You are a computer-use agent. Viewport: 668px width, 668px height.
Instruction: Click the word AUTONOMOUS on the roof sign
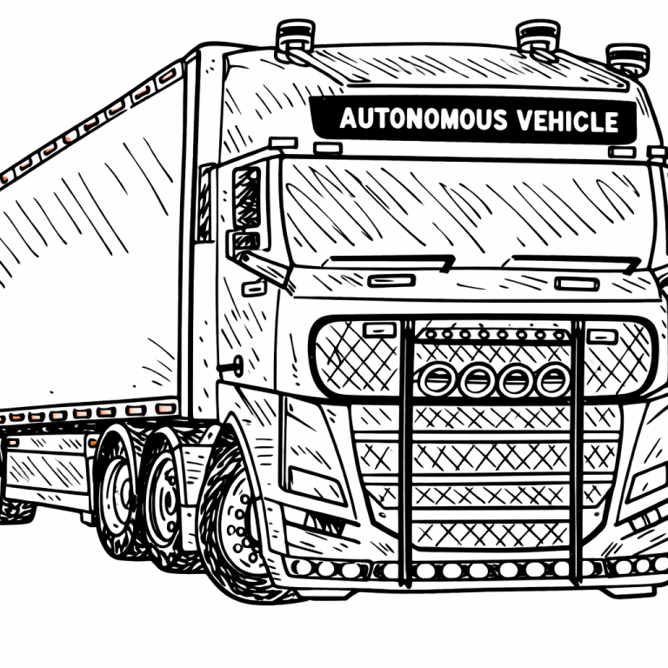412,119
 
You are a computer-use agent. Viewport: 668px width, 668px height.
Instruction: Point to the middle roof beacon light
538,36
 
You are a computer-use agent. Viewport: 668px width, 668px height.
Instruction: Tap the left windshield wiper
391,260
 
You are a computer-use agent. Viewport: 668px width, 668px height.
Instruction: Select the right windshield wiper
575,261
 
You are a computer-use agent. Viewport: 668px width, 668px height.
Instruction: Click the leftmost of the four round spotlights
437,379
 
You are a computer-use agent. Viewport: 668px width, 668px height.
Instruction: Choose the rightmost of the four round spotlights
551,379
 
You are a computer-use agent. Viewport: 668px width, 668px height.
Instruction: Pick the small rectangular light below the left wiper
391,280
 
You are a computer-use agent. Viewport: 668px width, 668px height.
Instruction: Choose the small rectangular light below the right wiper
576,284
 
